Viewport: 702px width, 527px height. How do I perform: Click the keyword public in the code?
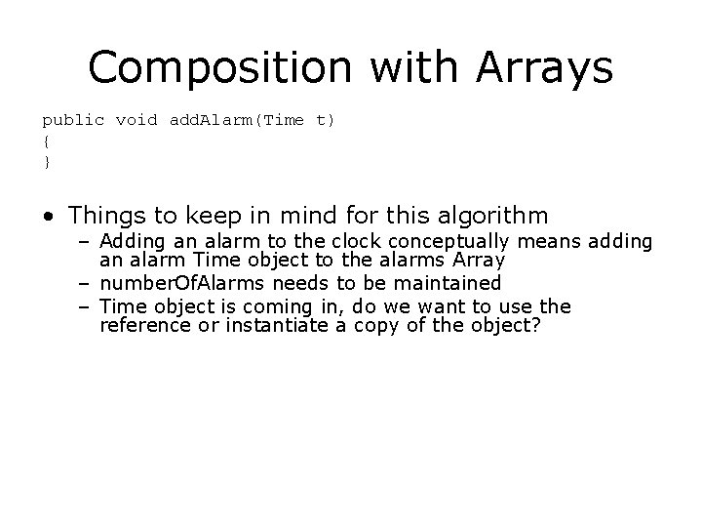(x=72, y=120)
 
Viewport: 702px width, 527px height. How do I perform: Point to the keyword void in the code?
(x=136, y=120)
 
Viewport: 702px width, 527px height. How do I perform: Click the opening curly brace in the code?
(x=46, y=141)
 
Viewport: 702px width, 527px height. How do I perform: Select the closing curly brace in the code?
(x=46, y=161)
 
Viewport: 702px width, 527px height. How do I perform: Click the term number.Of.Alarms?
(x=172, y=283)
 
